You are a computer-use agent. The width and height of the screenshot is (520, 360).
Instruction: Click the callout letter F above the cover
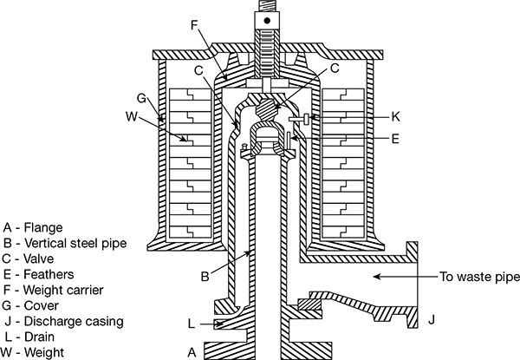pyautogui.click(x=195, y=25)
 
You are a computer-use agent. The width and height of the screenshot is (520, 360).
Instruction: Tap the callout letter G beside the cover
pyautogui.click(x=141, y=98)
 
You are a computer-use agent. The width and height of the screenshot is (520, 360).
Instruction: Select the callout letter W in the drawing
pyautogui.click(x=132, y=116)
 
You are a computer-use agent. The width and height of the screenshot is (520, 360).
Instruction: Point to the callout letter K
pyautogui.click(x=396, y=117)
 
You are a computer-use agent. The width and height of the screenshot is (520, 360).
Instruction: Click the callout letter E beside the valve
pyautogui.click(x=395, y=139)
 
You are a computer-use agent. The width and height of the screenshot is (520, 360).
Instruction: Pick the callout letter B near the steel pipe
pyautogui.click(x=205, y=277)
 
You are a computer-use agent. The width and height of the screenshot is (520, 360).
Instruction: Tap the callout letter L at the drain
pyautogui.click(x=192, y=324)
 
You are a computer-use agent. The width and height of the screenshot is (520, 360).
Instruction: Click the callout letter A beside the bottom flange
pyautogui.click(x=192, y=352)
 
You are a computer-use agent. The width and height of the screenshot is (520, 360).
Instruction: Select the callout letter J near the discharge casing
pyautogui.click(x=431, y=320)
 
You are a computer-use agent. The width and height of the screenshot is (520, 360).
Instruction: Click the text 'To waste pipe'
pyautogui.click(x=479, y=277)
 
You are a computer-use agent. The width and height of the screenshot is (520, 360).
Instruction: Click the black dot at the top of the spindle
pyautogui.click(x=267, y=21)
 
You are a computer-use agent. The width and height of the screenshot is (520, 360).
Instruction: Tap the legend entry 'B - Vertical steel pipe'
pyautogui.click(x=65, y=243)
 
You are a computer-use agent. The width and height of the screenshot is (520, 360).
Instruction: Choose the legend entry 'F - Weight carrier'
pyautogui.click(x=54, y=290)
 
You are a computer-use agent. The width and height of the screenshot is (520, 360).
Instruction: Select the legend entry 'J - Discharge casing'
pyautogui.click(x=64, y=321)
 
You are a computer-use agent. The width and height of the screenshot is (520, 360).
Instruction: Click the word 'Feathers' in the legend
pyautogui.click(x=49, y=274)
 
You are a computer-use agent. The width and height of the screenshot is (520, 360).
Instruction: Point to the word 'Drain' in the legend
pyautogui.click(x=39, y=337)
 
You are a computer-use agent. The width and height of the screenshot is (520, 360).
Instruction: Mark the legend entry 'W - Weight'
pyautogui.click(x=32, y=352)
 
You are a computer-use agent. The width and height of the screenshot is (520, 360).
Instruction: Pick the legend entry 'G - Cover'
pyautogui.click(x=30, y=305)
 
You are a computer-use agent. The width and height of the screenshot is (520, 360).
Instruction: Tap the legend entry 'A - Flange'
pyautogui.click(x=33, y=227)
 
